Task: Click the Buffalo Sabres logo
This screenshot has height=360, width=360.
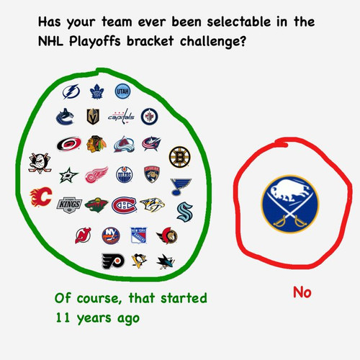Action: coord(290,204)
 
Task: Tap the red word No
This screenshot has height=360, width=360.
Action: coord(302,292)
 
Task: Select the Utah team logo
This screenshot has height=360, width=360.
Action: coord(122,91)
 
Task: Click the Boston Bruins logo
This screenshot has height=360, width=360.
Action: coord(180,157)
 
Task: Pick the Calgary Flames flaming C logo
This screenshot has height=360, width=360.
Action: coord(41,197)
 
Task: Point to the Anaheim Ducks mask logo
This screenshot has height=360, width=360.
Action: coord(40,163)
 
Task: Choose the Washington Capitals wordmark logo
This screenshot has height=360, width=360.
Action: coord(121,117)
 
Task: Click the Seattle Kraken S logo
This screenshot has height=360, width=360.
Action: coord(185,212)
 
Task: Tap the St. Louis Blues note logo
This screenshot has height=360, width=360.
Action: coord(181,186)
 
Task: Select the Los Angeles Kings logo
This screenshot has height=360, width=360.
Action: coord(69,205)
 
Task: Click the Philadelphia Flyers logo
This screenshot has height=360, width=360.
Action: coord(113,261)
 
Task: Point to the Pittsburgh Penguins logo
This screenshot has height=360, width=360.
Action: coord(139,261)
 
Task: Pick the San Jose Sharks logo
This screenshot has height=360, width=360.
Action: coord(166,261)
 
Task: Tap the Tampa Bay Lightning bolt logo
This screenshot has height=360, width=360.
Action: coord(71,91)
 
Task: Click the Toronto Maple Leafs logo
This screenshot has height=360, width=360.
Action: coord(96,91)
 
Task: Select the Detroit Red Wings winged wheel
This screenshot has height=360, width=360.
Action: coord(96,175)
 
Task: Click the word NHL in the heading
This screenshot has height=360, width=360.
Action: coord(50,41)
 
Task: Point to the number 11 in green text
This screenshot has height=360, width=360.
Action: coord(63,318)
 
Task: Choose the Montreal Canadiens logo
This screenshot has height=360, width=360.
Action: coord(124,205)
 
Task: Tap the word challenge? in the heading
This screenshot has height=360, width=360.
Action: coord(213,41)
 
